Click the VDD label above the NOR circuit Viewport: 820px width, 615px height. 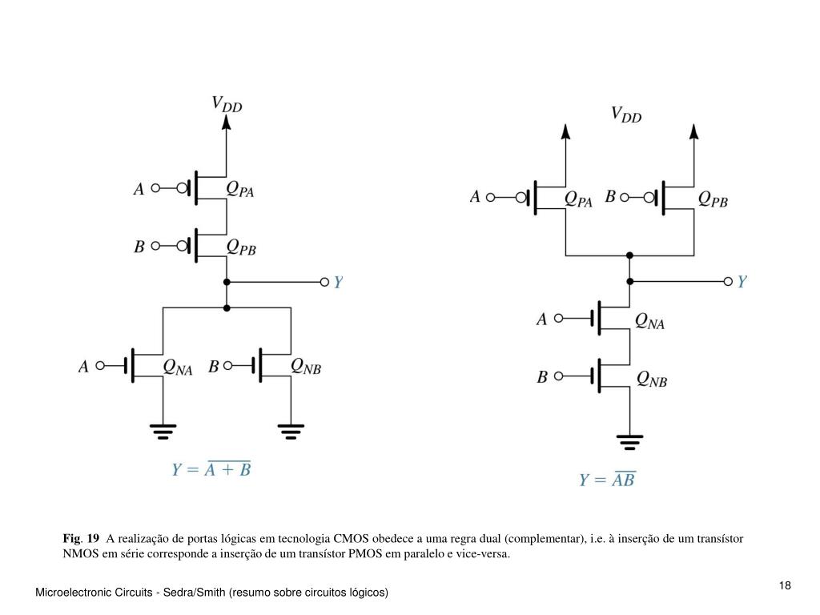coord(227,104)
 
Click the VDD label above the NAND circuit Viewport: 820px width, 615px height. coord(626,115)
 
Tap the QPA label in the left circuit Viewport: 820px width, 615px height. coord(240,189)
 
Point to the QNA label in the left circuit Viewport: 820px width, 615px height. coord(178,367)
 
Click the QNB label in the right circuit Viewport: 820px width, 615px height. coord(652,379)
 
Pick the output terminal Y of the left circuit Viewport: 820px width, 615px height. coord(324,283)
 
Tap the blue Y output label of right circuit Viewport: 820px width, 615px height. coord(742,282)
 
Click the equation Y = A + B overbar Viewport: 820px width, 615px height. coord(211,468)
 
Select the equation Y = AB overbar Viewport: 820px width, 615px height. coord(608,479)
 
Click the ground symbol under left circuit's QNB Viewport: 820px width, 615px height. coord(291,432)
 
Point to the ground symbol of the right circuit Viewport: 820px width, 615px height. coord(629,442)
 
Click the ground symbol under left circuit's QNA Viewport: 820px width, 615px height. coord(163,432)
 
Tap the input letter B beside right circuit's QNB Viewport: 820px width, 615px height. coord(542,376)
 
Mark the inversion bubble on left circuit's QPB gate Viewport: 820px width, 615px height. coord(182,246)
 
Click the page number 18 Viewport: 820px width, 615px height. coord(785,585)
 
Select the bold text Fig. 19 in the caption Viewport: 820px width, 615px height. coord(81,538)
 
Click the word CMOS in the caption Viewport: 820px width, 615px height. coord(351,538)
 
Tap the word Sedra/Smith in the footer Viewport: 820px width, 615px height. coord(194,592)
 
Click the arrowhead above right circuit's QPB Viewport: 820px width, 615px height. coord(694,131)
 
